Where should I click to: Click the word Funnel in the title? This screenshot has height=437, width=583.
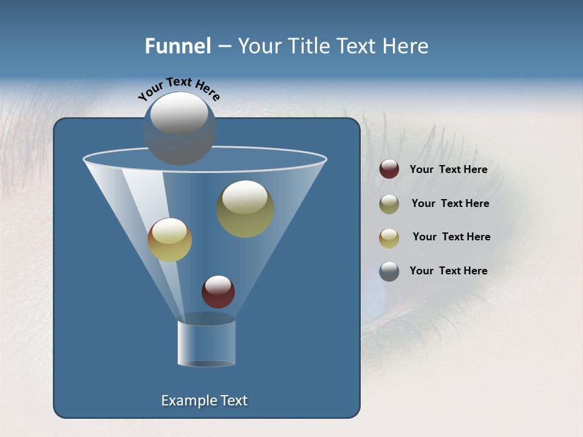pos(177,46)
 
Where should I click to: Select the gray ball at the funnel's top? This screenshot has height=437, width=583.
pos(180,129)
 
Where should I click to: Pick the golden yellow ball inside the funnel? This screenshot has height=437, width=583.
pos(169,240)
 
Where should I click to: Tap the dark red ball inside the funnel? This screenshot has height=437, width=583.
pos(218,291)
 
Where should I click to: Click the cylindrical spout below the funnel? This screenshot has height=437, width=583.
pos(206,343)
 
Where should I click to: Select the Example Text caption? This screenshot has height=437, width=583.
pos(204,401)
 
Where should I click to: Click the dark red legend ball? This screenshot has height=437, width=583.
pos(389,169)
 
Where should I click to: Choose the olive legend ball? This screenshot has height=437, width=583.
pos(389,204)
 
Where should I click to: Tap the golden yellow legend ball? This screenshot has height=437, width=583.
pos(389,238)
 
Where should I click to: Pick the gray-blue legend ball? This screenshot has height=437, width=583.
pos(389,271)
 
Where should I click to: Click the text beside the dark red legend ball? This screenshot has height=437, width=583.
pos(448,170)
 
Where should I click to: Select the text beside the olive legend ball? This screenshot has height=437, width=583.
pos(450,204)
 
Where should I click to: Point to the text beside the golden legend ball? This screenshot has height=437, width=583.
pos(451,237)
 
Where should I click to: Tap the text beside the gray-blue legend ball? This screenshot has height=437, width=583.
pos(448,271)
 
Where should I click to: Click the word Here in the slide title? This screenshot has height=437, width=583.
pos(407,46)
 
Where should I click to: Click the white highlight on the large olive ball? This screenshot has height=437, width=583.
pos(245,198)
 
